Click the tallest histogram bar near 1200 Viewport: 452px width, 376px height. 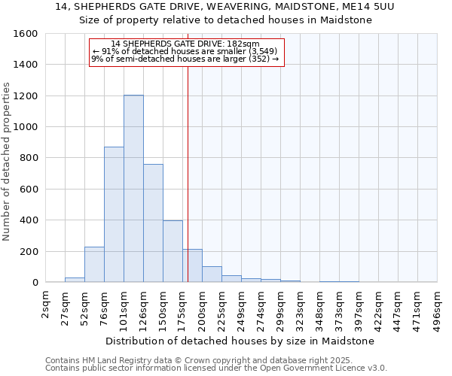pos(133,189)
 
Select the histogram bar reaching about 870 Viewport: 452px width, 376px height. pos(114,214)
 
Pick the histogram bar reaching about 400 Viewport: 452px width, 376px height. pos(173,251)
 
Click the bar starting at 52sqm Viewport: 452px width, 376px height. pos(94,264)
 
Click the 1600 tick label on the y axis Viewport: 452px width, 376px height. pos(26,34)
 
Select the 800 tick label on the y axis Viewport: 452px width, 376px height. pos(29,158)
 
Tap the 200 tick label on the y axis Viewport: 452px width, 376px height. pos(29,251)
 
